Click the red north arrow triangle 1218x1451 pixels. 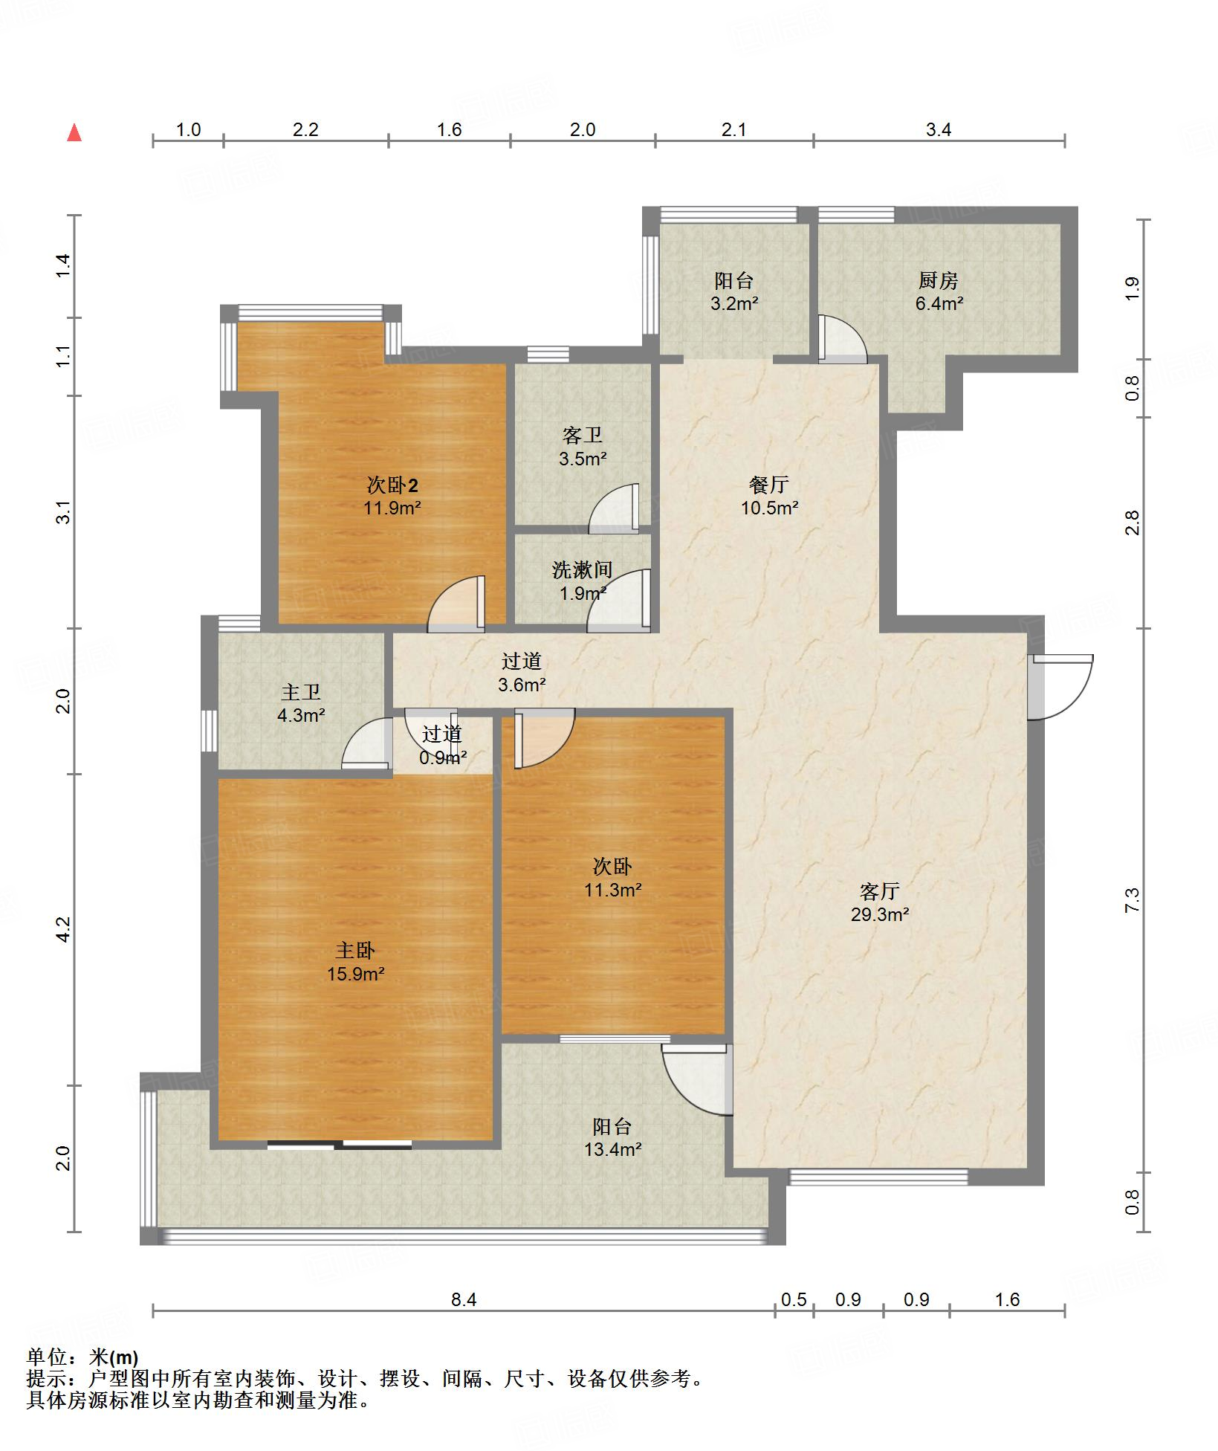[74, 133]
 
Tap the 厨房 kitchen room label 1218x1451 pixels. [938, 280]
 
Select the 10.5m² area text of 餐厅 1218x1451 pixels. [769, 508]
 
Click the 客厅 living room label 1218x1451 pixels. [880, 891]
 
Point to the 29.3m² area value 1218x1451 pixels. [880, 914]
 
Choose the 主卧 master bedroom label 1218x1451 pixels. [355, 950]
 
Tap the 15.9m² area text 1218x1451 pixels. [355, 974]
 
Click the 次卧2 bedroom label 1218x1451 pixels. [392, 485]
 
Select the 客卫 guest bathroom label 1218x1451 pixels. [583, 435]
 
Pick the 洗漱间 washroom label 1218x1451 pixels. [583, 570]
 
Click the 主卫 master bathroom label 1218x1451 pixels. [301, 692]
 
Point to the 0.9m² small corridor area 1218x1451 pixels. [443, 757]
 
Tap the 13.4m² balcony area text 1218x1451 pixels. [612, 1149]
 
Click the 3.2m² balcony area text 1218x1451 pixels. [734, 303]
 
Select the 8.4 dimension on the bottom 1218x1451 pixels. [464, 1299]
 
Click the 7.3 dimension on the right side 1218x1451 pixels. [1132, 901]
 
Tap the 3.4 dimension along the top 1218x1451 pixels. [939, 129]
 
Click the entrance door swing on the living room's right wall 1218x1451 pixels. [1061, 687]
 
